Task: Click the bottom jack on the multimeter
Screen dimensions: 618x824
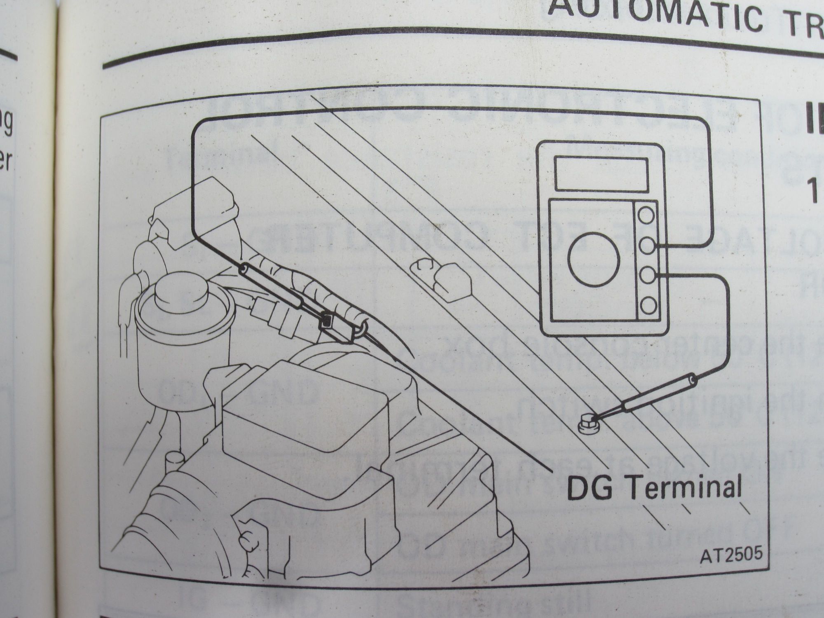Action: [x=646, y=305]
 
